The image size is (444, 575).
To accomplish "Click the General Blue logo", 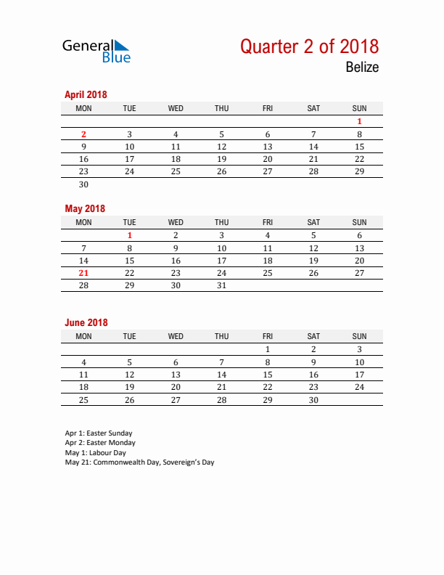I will (x=96, y=50).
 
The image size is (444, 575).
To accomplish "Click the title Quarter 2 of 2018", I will (x=309, y=46).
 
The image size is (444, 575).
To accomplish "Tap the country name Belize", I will (x=362, y=68).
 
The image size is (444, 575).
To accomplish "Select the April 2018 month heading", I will (x=86, y=94).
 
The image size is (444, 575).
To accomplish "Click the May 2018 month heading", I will (x=85, y=208).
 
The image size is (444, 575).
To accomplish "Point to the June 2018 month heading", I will (x=86, y=322).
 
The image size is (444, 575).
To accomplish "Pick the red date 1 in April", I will (x=359, y=122).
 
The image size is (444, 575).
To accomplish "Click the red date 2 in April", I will (x=83, y=134).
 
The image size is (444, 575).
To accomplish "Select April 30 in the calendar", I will (x=83, y=184).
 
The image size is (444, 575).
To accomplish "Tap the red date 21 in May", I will (x=83, y=273).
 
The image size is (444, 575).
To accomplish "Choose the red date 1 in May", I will (x=130, y=235).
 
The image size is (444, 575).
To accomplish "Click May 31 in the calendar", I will (x=221, y=285).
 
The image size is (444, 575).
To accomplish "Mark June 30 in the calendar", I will (x=313, y=400).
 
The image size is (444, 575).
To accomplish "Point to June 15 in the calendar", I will (x=268, y=375).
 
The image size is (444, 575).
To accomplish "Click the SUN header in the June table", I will (x=359, y=336).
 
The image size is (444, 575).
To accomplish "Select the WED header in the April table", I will (x=176, y=108).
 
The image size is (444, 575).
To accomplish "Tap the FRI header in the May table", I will (x=268, y=222).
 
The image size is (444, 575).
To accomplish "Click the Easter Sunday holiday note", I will (x=99, y=433).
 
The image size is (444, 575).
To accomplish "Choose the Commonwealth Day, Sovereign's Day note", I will (x=139, y=462).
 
